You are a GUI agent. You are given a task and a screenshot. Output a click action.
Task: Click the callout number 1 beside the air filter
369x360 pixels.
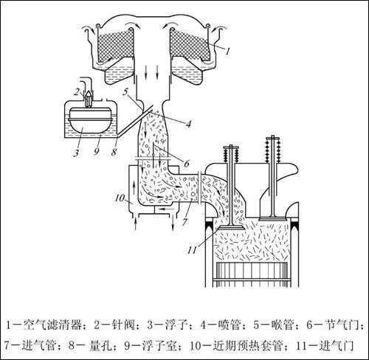[x=228, y=52]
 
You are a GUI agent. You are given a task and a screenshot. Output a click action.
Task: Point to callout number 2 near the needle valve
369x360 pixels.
[x=77, y=92]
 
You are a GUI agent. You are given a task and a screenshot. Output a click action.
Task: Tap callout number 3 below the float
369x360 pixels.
[x=76, y=153]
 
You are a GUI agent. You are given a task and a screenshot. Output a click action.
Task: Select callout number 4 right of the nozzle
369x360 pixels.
[x=188, y=124]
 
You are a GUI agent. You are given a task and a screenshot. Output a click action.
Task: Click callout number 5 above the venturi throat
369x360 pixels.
[x=125, y=92]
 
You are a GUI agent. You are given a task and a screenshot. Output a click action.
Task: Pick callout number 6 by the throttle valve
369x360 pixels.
[x=187, y=163]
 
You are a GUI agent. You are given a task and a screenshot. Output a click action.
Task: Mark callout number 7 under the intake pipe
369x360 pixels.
[x=184, y=221]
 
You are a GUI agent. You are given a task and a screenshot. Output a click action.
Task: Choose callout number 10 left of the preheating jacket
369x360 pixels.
[x=120, y=198]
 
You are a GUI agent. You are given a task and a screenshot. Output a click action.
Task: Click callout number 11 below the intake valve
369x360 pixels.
[x=192, y=250]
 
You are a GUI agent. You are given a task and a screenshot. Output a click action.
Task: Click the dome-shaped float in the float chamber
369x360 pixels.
[x=89, y=120]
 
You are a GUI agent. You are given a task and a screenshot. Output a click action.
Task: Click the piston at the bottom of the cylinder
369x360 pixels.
[x=252, y=274]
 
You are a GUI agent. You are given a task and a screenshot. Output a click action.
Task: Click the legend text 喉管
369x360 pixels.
[x=283, y=325]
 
